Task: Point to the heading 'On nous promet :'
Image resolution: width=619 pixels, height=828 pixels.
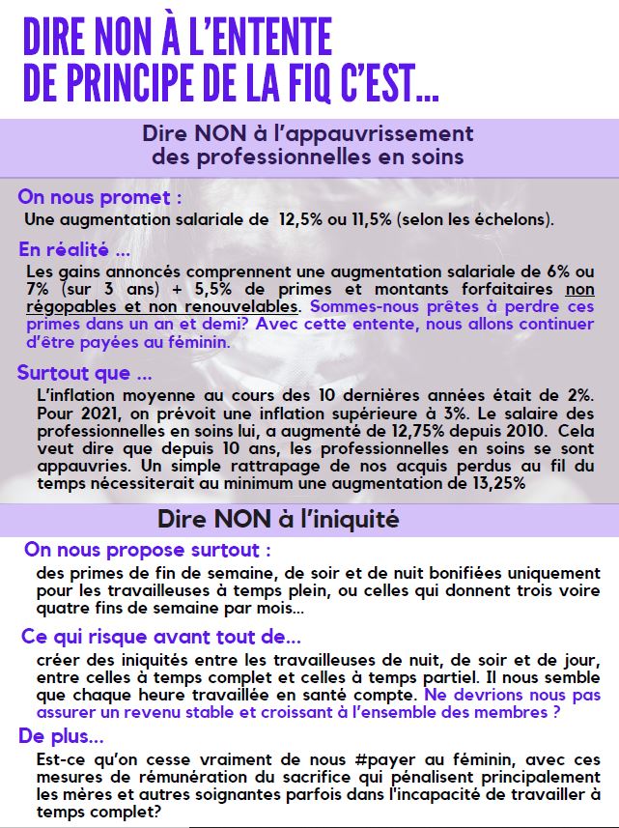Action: (x=99, y=197)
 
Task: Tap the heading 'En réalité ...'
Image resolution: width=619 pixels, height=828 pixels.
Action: (x=74, y=250)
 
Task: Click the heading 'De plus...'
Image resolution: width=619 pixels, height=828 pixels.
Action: (x=60, y=737)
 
